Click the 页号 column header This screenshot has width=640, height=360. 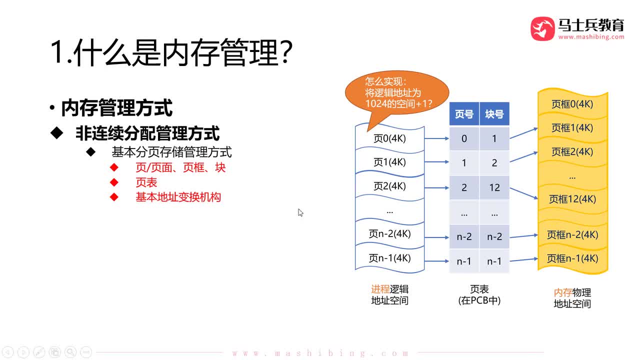click(464, 114)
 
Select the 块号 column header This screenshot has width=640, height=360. click(494, 114)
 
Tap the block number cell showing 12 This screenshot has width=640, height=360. click(494, 187)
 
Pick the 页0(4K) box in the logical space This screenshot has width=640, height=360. click(389, 138)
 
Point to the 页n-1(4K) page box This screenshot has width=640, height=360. click(389, 258)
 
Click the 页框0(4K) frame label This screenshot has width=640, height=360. click(572, 104)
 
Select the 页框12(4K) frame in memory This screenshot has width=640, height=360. click(572, 199)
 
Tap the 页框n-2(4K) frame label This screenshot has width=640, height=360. click(572, 234)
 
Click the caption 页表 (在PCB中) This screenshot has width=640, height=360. click(479, 295)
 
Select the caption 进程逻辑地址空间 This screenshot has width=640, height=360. click(389, 295)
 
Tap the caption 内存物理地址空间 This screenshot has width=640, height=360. click(572, 298)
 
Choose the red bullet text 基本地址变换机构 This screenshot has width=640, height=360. click(178, 197)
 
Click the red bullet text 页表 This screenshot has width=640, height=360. click(146, 182)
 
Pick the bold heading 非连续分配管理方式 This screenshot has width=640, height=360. click(147, 133)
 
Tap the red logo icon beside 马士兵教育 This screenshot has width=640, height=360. click(542, 29)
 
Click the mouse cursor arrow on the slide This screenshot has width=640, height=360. click(300, 212)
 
